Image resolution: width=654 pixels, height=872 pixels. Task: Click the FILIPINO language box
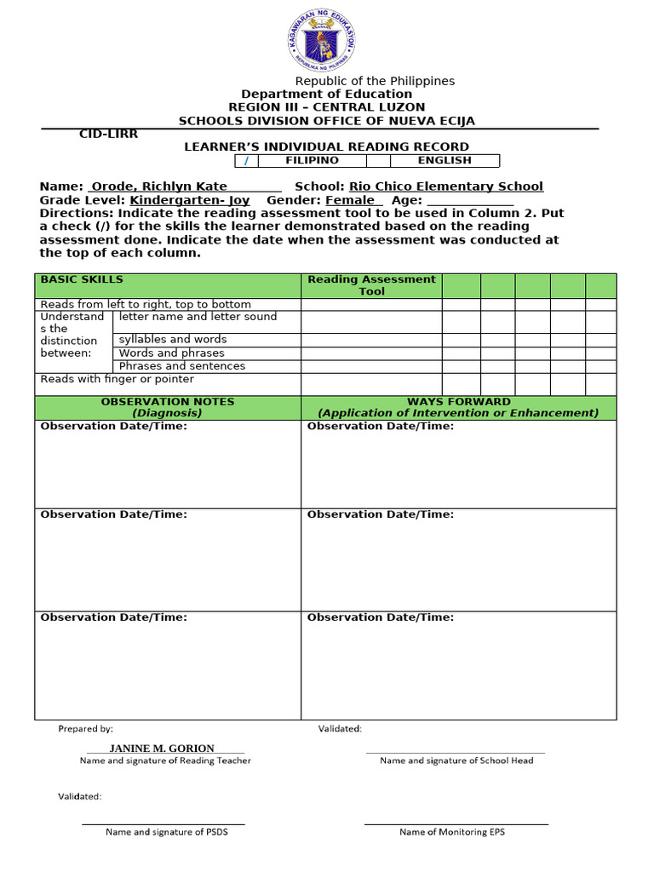(312, 160)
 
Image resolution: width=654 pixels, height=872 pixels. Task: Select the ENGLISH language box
(444, 160)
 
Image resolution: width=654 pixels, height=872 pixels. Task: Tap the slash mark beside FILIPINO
(246, 161)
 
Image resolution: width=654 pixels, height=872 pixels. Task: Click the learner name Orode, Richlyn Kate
(159, 186)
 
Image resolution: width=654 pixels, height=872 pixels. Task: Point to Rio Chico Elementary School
(445, 186)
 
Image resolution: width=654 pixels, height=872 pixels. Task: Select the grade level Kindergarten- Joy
(189, 200)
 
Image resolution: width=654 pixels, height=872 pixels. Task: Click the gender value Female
(349, 200)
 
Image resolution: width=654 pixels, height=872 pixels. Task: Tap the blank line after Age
(470, 201)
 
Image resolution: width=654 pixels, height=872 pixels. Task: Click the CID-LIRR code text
(108, 134)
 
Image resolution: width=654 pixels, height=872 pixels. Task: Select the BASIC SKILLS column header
(82, 279)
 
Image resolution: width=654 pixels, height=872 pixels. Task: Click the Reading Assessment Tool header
(371, 285)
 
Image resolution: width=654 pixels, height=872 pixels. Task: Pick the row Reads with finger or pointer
(118, 379)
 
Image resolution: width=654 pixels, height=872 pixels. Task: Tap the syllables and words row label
(173, 339)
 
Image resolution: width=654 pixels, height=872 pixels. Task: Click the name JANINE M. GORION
(162, 749)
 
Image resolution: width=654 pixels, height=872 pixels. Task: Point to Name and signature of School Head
(456, 760)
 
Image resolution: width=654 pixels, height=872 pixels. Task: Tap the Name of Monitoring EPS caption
(451, 832)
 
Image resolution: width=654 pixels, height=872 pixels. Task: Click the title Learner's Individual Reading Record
(327, 146)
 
